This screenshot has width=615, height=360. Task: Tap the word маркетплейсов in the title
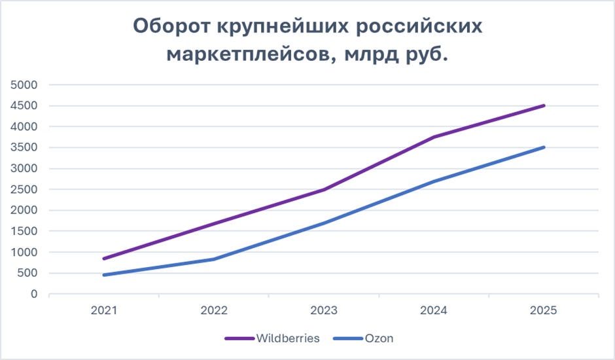(x=251, y=54)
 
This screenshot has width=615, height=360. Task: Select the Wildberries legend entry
(x=272, y=338)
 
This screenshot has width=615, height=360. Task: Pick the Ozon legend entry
(x=363, y=338)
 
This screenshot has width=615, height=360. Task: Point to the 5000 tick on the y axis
(x=24, y=85)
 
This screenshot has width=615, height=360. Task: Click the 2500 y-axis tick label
(x=24, y=189)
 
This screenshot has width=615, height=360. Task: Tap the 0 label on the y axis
(x=34, y=294)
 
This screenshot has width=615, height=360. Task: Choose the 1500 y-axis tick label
(x=24, y=231)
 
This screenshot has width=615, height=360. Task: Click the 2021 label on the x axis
(x=104, y=310)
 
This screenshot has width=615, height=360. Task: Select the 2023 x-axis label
(x=324, y=310)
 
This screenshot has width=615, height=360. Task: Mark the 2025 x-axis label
(x=543, y=310)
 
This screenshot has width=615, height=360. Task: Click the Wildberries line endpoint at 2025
(x=543, y=105)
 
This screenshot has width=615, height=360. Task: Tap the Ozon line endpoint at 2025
(x=543, y=147)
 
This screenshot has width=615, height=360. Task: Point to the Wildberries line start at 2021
(x=104, y=259)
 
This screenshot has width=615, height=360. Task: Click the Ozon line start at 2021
(x=104, y=275)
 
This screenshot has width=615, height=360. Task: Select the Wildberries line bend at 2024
(x=434, y=137)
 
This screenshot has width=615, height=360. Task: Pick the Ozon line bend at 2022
(x=214, y=259)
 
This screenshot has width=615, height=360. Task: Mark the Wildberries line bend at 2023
(x=324, y=190)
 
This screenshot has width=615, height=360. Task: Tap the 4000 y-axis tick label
(x=24, y=126)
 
